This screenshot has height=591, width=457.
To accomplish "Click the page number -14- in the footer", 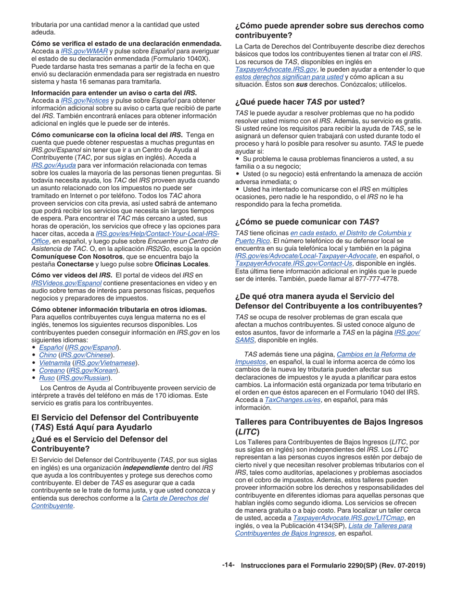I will coord(228,566).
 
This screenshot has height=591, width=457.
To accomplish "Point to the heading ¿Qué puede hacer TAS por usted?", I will coord(300,102).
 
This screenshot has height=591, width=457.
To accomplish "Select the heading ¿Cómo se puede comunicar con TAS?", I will coord(307,222).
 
